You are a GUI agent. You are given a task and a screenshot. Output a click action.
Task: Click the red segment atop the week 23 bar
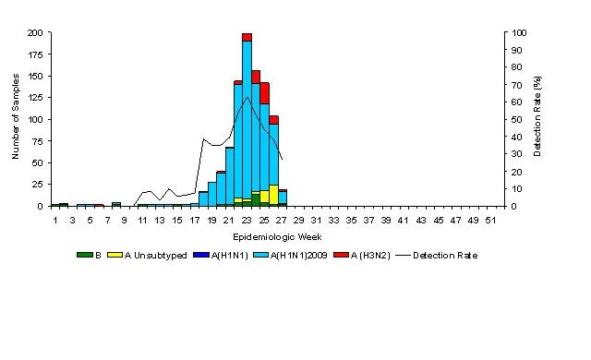click(247, 37)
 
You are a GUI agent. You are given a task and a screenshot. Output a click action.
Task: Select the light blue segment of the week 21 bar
click(230, 176)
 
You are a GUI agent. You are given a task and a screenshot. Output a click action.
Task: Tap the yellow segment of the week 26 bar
click(273, 195)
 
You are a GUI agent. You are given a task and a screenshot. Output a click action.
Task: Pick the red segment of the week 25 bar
click(265, 93)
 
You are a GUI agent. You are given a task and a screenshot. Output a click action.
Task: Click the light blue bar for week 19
click(212, 194)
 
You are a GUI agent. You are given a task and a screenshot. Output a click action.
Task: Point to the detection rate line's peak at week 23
click(247, 97)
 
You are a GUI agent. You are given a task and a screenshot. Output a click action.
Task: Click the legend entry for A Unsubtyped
click(147, 256)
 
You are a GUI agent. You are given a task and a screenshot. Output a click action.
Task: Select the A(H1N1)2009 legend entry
click(290, 256)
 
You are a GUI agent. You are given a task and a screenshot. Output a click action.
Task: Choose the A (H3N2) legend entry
click(361, 256)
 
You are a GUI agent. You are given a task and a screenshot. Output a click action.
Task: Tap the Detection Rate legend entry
click(437, 256)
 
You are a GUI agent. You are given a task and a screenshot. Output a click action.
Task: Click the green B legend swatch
click(84, 255)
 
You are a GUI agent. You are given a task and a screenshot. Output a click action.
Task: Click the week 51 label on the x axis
click(490, 221)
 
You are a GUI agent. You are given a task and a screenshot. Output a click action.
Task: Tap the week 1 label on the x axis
click(55, 221)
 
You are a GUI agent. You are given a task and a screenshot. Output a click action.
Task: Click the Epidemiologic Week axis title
click(277, 237)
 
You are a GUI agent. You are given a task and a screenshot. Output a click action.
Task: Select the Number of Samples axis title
click(16, 116)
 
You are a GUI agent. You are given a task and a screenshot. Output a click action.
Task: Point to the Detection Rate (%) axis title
click(537, 116)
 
